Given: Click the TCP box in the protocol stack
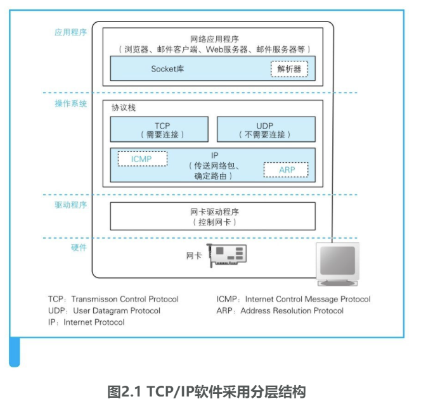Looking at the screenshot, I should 158,129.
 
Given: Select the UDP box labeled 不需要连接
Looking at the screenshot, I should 265,129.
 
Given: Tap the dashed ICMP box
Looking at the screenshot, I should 142,159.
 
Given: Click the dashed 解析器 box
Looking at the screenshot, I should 289,68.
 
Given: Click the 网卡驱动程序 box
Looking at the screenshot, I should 212,216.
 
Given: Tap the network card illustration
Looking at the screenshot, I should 228,254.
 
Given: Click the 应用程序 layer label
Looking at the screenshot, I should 70,32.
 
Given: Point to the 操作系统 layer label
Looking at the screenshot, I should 70,103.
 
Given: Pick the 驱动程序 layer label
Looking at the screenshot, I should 70,205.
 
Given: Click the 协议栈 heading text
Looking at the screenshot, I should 124,108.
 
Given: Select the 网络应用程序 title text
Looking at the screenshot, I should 212,39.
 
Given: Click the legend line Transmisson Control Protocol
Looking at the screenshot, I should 113,299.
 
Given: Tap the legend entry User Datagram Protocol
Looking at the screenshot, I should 104,310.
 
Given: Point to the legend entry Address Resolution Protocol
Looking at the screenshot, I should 280,310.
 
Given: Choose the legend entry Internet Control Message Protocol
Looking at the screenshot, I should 294,299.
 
